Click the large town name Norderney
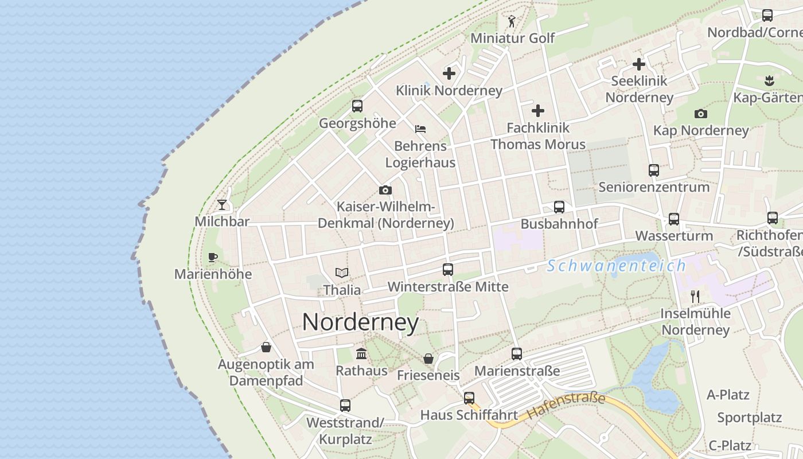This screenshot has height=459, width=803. coord(360,322)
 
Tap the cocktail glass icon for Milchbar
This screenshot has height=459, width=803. coord(222,204)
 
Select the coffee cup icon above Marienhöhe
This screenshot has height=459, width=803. coord(213,257)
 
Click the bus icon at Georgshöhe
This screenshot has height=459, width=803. coord(357,106)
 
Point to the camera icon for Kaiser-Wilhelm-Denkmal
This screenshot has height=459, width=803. coord(385,190)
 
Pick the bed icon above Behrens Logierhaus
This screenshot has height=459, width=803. coord(420,129)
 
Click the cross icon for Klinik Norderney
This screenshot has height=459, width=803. coord(449,73)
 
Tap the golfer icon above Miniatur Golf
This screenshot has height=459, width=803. coord(512,21)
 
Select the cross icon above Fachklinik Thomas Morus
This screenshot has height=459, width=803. coord(538,110)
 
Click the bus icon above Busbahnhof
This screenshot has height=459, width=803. coord(559,207)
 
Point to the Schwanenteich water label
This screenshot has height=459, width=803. coord(617,266)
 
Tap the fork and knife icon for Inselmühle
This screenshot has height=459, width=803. coord(695,296)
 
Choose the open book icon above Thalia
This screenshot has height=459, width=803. coord(342,273)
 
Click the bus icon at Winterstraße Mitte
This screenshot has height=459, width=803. coord(448,269)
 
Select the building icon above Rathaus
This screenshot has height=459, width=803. coord(361,353)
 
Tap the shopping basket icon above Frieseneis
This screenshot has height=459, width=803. coord(428,359)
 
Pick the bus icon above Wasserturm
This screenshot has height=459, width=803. coord(674,219)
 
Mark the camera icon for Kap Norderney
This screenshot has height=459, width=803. coord(701,114)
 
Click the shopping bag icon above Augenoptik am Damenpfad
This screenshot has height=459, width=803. coord(266,347)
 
